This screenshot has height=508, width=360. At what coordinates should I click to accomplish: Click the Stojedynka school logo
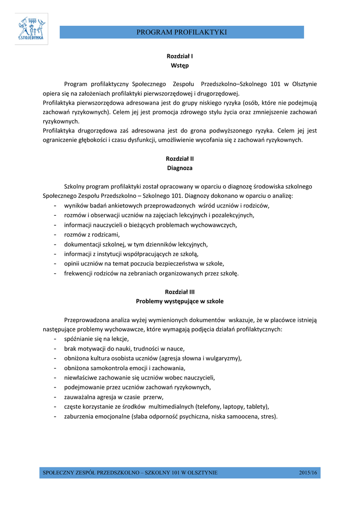click(x=31, y=29)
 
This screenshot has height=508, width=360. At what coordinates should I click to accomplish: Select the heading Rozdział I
click(x=180, y=56)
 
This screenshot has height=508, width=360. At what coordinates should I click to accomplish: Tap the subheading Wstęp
click(x=180, y=65)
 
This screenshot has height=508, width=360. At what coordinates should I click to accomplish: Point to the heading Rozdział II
click(x=180, y=159)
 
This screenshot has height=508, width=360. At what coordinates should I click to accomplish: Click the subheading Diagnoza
click(x=180, y=168)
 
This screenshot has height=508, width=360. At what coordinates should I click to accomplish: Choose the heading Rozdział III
click(x=180, y=292)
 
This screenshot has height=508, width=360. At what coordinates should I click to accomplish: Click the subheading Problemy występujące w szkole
click(x=180, y=301)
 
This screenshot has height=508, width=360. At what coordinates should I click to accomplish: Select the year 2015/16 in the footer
click(x=308, y=472)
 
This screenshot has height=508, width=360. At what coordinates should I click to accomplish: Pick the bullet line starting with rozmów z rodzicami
click(x=92, y=235)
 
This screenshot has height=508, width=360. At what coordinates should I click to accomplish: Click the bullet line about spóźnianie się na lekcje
click(x=96, y=339)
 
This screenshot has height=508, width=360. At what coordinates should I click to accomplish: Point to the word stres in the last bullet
click(x=269, y=416)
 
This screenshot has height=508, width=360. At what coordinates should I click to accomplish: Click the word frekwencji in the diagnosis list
click(x=79, y=273)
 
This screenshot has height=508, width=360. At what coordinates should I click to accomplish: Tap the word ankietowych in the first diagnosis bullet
click(x=130, y=205)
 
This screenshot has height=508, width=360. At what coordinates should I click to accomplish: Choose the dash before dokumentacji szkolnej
click(x=54, y=244)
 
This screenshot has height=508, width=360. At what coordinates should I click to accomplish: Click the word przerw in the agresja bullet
click(x=153, y=397)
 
